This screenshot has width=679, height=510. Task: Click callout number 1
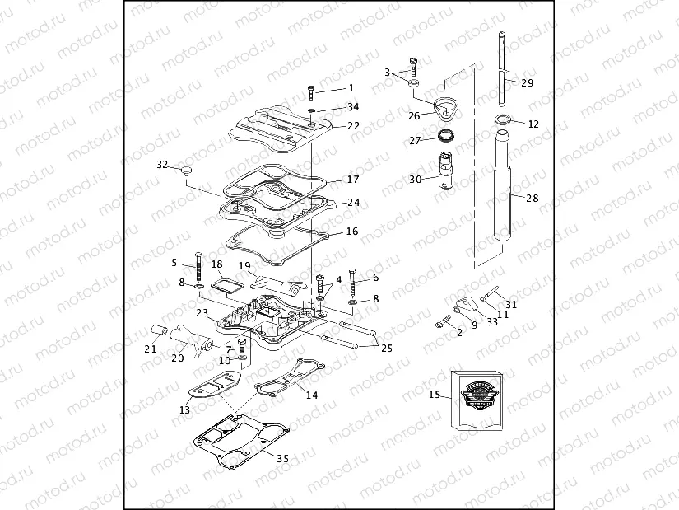(351, 87)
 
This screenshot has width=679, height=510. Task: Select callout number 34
(353, 107)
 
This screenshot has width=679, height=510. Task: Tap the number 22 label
(353, 126)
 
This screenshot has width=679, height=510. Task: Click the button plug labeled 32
(187, 170)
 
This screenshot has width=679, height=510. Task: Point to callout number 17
(353, 179)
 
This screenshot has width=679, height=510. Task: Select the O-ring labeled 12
(504, 122)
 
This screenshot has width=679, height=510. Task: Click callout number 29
(528, 82)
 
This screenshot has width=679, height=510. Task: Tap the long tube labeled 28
(503, 189)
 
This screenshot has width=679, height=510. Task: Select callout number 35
(282, 458)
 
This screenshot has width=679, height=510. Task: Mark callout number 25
(386, 348)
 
